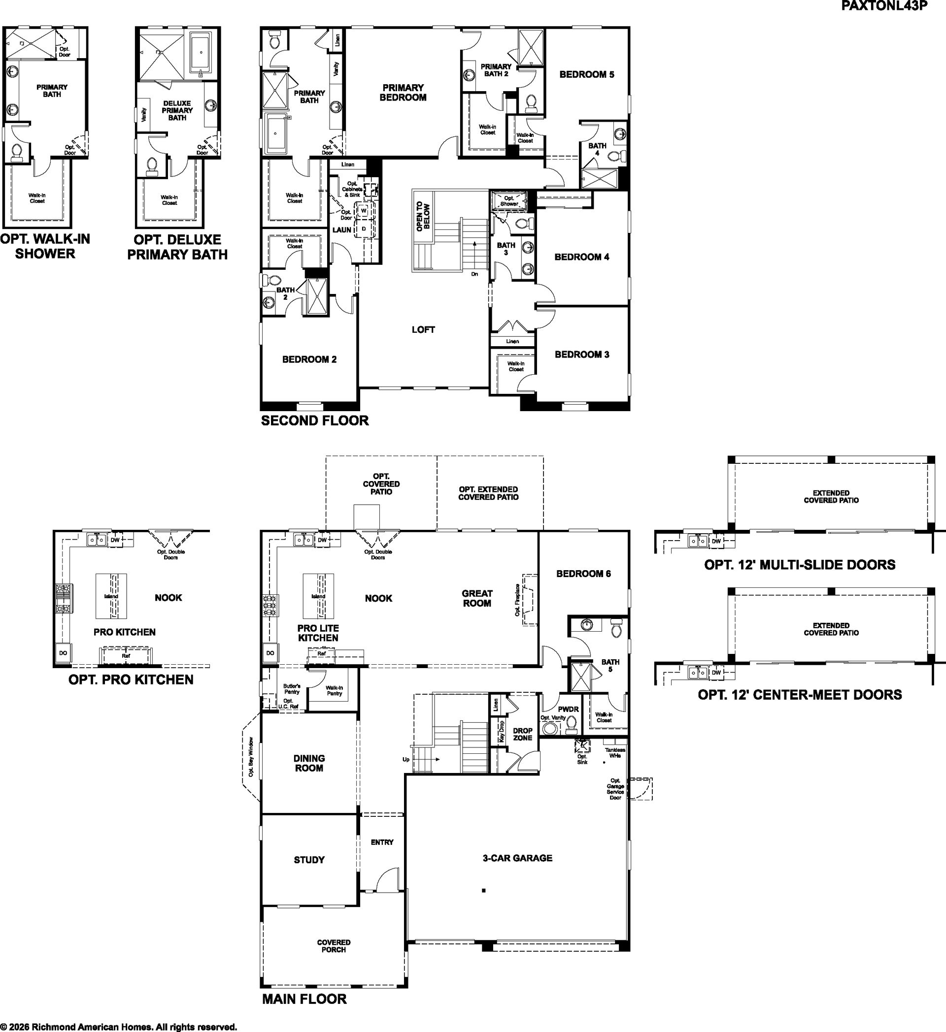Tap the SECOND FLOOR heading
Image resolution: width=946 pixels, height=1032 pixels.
tap(315, 421)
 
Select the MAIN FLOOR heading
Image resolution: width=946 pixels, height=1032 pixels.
tap(304, 999)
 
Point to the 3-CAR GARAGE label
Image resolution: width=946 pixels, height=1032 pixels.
tap(517, 858)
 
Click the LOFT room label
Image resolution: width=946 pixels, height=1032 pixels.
tap(423, 330)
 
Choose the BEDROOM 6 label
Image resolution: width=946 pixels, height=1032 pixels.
tap(583, 574)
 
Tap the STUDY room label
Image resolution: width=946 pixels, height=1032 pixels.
tap(309, 860)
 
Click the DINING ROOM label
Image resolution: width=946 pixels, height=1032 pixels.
tap(309, 763)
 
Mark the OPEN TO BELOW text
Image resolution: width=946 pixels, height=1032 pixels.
tap(423, 217)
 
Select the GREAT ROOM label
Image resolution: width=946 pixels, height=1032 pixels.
tap(477, 598)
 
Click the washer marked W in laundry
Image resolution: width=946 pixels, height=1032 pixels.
tap(364, 210)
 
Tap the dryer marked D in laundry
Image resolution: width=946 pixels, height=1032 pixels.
tap(364, 228)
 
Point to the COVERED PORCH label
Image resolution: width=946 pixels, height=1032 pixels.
tap(334, 946)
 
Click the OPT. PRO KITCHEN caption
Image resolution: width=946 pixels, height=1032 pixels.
tap(131, 680)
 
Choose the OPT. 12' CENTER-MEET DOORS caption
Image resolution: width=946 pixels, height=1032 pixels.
tap(800, 695)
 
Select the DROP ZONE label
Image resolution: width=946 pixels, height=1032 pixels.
tap(522, 734)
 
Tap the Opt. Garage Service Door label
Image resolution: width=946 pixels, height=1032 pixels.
tap(615, 789)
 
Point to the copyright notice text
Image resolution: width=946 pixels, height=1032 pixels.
tap(118, 1026)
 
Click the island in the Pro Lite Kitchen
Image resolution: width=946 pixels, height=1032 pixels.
tap(319, 596)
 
